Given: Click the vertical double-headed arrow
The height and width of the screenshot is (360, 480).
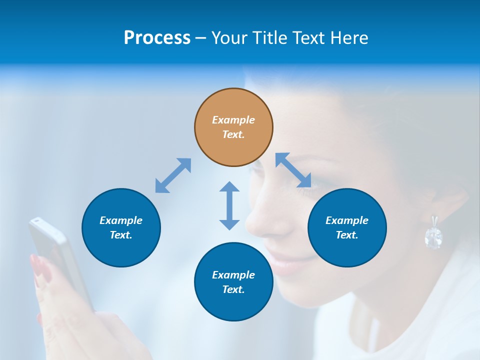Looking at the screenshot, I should (229, 205).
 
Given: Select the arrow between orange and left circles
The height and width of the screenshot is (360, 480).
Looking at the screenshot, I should (173, 175).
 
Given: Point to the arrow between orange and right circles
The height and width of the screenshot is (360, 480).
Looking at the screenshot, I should (293, 170).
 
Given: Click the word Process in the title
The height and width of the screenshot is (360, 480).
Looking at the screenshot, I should (157, 38).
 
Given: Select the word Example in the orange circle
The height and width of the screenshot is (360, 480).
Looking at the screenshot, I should (233, 120).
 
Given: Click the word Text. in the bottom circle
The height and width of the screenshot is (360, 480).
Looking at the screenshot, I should (233, 289).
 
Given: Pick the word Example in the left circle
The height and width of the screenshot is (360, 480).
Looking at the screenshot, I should (121, 220).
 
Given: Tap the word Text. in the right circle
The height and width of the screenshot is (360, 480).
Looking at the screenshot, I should (347, 235).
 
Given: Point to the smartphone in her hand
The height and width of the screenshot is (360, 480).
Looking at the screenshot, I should (57, 255).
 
